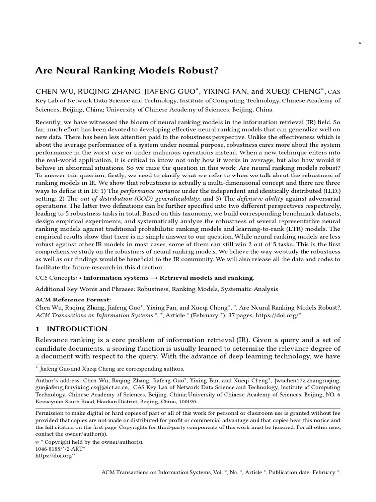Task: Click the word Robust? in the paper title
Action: click(199, 70)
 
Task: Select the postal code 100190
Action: click(187, 401)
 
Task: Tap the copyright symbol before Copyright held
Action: click(38, 441)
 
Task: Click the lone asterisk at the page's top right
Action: click(360, 44)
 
